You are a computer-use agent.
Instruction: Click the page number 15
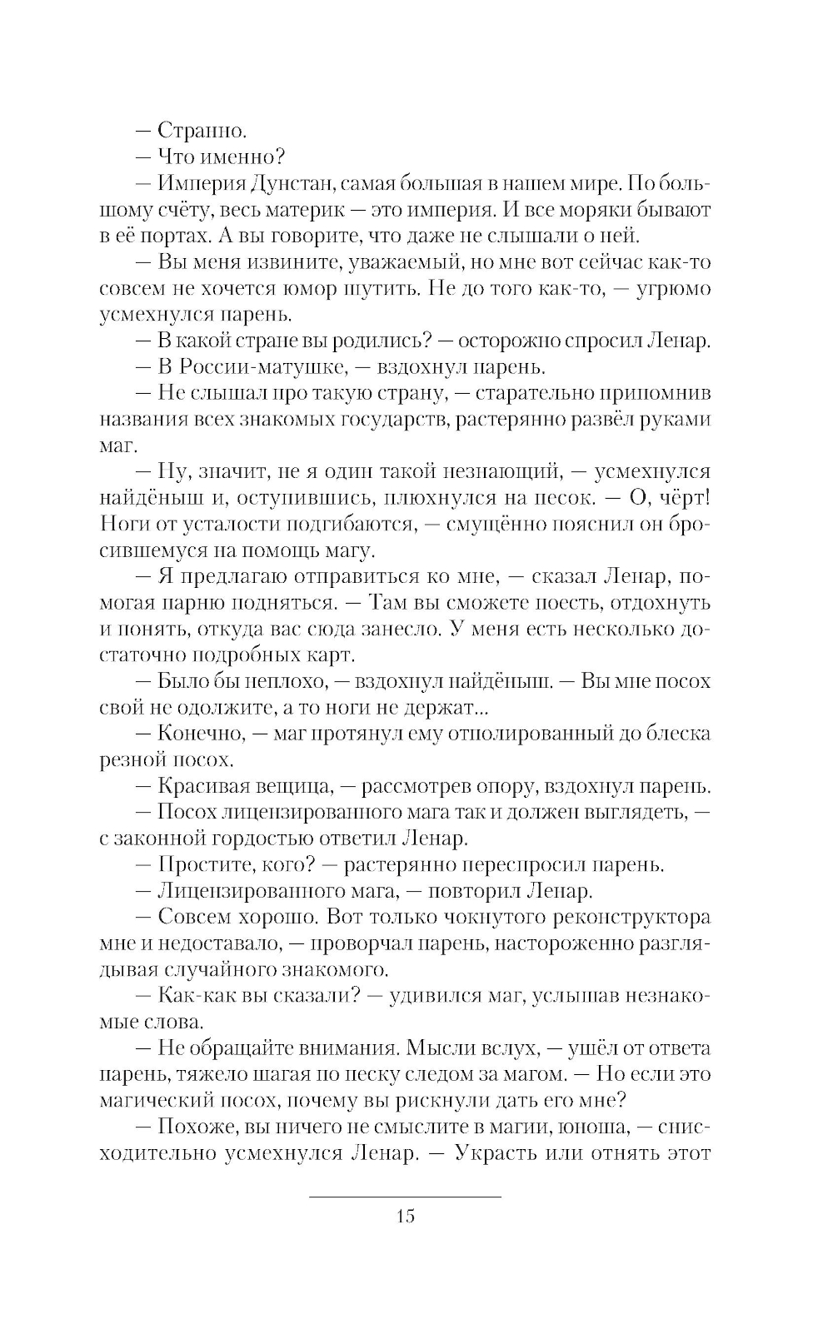[x=406, y=1217]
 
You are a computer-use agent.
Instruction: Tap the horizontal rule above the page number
[x=406, y=1197]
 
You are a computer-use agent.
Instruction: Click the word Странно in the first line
[x=202, y=130]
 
